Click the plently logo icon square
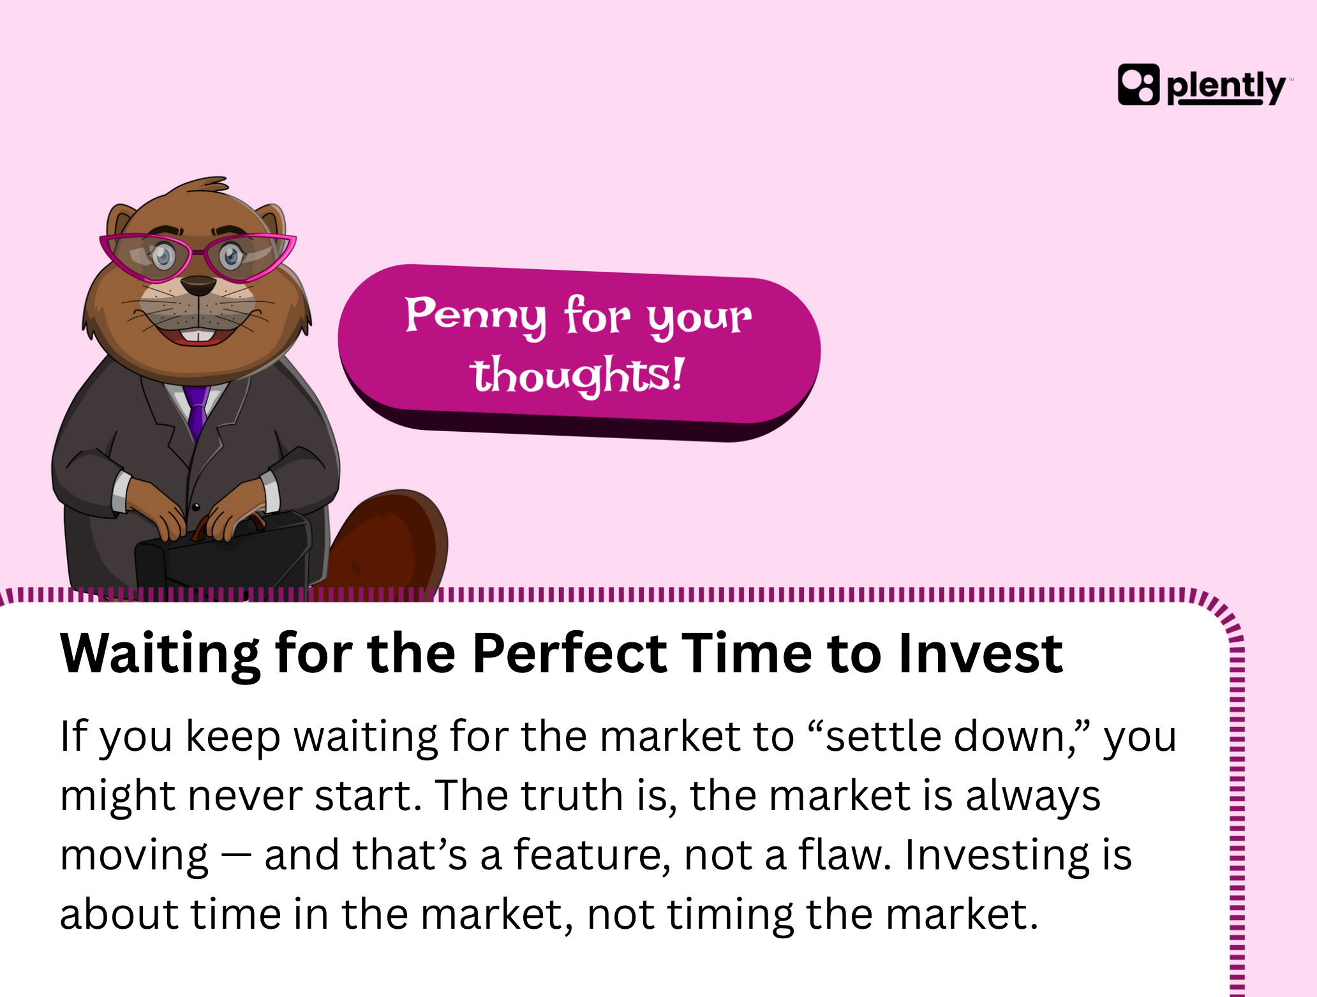(x=1138, y=84)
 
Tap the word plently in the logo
(x=1226, y=87)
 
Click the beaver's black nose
(x=198, y=285)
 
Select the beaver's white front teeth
(x=198, y=336)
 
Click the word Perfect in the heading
(x=570, y=653)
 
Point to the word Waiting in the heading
(x=160, y=656)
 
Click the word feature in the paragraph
(x=588, y=854)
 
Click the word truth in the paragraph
(x=571, y=795)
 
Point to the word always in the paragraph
(x=1033, y=797)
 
